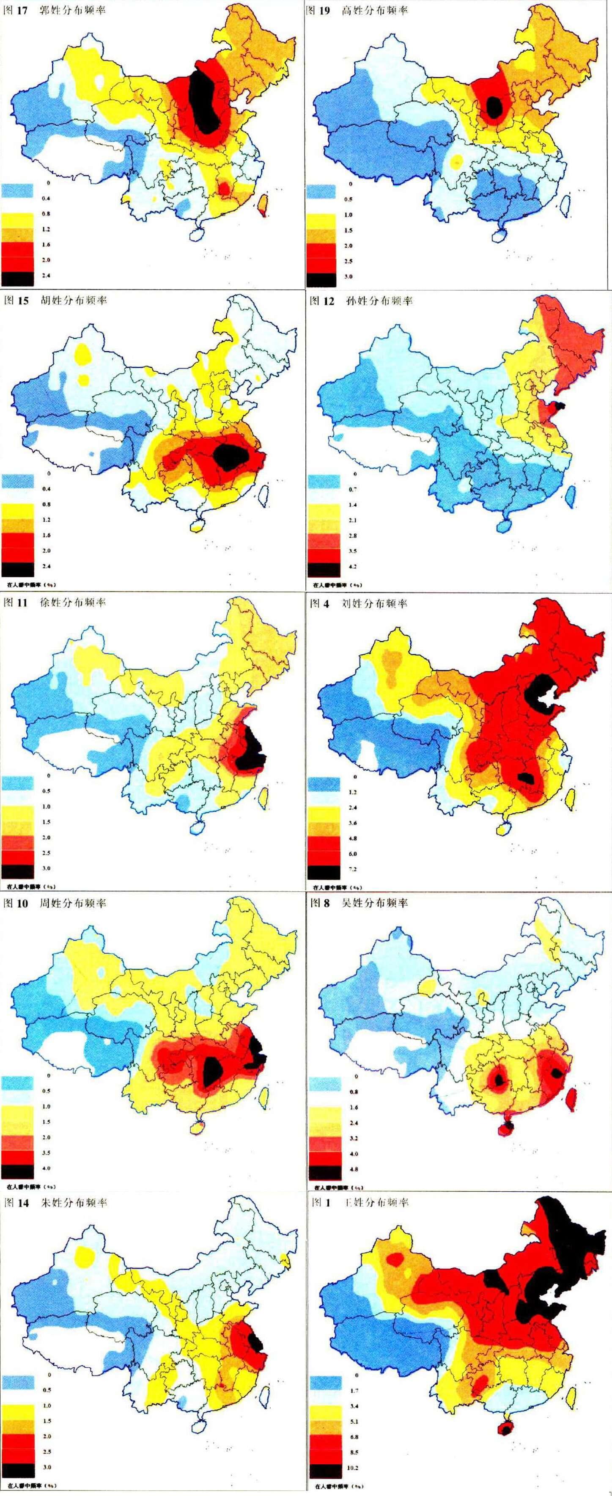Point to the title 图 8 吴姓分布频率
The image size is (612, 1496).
click(x=359, y=903)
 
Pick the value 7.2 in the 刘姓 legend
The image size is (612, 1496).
click(x=352, y=869)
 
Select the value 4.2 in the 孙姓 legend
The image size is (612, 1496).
click(x=352, y=566)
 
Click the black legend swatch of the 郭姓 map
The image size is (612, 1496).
click(x=17, y=279)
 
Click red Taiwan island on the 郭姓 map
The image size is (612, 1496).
click(x=263, y=203)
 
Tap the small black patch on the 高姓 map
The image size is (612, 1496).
click(x=494, y=106)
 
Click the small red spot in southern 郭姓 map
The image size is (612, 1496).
click(x=222, y=187)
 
